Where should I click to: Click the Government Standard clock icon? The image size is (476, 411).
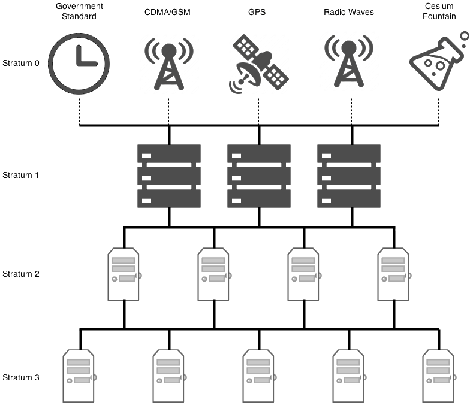[x=79, y=63]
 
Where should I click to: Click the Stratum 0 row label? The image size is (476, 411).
[x=21, y=63]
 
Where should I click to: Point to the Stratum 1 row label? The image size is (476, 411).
[x=21, y=176]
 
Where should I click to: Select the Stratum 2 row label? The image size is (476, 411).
[x=21, y=274]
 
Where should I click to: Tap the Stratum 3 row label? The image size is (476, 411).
[x=21, y=377]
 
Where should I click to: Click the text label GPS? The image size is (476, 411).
[x=258, y=12]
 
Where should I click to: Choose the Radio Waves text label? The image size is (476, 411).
[x=348, y=12]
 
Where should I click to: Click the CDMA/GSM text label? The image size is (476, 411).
[x=168, y=12]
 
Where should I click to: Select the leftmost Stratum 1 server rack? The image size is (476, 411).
[x=168, y=176]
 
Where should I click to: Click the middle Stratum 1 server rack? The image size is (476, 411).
[x=258, y=176]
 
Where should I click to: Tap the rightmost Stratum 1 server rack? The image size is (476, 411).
[x=348, y=176]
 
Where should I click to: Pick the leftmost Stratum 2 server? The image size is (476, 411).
[x=124, y=274]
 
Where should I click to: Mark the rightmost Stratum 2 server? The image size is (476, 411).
[x=394, y=274]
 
